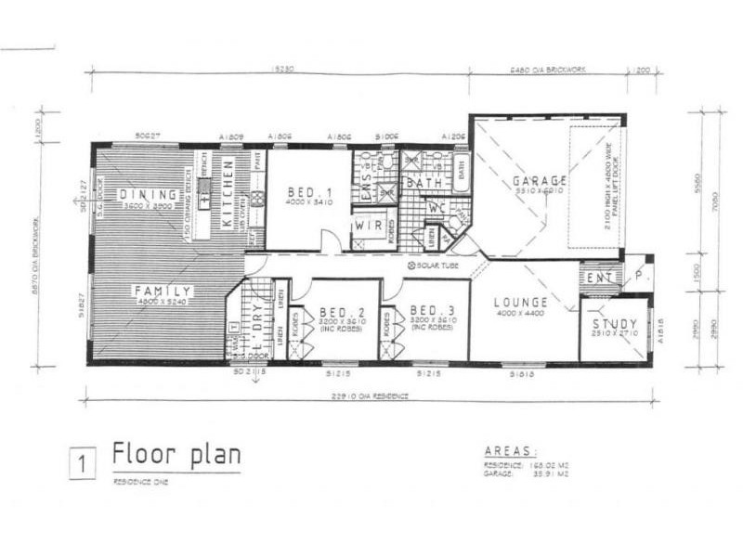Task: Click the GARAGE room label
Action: pyautogui.click(x=539, y=179)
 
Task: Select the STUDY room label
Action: pyautogui.click(x=615, y=324)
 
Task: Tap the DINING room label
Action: pyautogui.click(x=149, y=194)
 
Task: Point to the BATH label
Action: pyautogui.click(x=424, y=184)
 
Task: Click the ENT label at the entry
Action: pyautogui.click(x=598, y=277)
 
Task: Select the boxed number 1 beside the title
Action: pyautogui.click(x=83, y=461)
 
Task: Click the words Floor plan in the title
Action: pyautogui.click(x=176, y=454)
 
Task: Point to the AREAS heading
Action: pyautogui.click(x=512, y=450)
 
